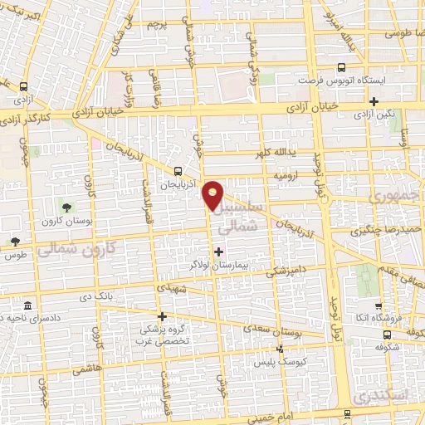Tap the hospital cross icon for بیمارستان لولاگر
click(x=218, y=251)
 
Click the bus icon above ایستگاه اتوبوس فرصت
click(x=340, y=69)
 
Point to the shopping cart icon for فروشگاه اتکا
click(x=377, y=305)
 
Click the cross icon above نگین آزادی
click(x=374, y=102)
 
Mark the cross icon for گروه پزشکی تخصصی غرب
click(x=163, y=315)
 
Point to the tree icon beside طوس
click(x=15, y=242)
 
